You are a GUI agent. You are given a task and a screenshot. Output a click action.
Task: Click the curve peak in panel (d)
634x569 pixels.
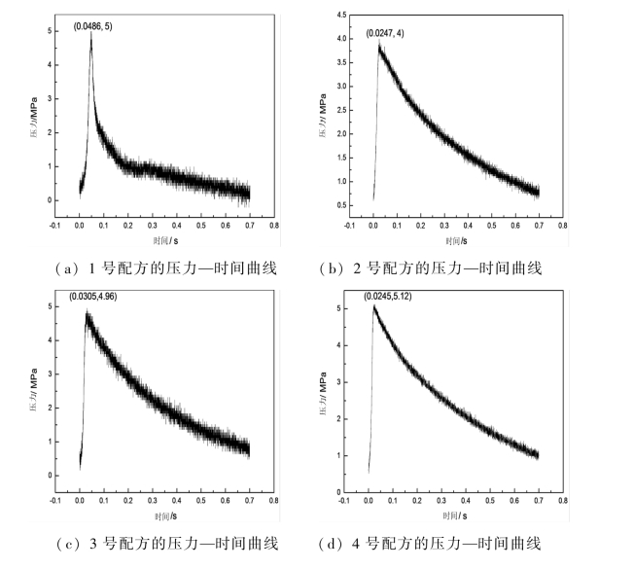click(374, 306)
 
